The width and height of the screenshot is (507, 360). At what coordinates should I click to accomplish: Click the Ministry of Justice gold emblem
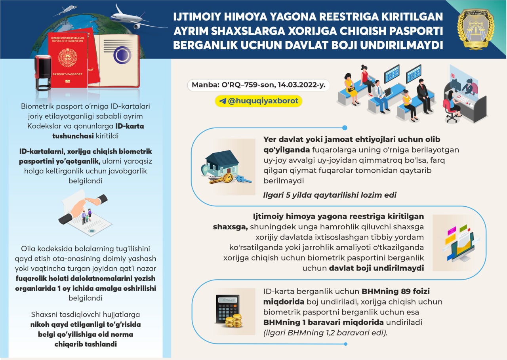pos(475,29)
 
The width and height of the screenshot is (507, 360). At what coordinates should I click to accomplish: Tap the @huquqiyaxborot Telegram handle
pos(263,101)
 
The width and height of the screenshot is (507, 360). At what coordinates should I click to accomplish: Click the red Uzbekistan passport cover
pos(67,59)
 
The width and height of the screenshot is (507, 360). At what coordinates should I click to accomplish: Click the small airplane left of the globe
pos(65,10)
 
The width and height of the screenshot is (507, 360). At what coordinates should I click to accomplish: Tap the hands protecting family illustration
pos(83,212)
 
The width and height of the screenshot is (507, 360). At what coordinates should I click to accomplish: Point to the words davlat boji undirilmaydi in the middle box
pos(376,268)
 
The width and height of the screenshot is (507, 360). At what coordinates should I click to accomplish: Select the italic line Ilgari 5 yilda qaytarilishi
pos(330,195)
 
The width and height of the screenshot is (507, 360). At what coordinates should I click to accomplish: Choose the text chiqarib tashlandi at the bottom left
pos(86,344)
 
